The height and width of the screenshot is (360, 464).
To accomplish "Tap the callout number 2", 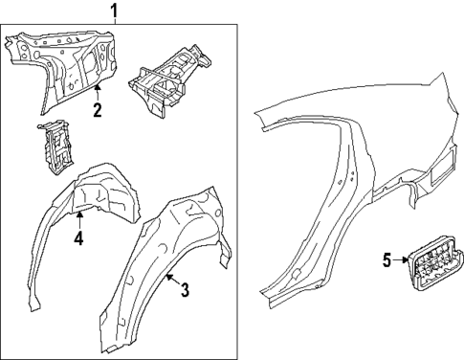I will [97, 110].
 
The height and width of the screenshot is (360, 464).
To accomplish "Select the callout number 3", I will [185, 290].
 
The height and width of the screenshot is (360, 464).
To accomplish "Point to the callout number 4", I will [79, 238].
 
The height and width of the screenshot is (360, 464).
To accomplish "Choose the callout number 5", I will [387, 259].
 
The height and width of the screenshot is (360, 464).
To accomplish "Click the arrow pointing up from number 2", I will [97, 91].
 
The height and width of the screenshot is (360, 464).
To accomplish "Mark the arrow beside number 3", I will [169, 280].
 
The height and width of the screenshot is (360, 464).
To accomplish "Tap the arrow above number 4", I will [79, 218].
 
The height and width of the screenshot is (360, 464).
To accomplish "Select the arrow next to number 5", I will [401, 259].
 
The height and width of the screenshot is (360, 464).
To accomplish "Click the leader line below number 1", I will [115, 23].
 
